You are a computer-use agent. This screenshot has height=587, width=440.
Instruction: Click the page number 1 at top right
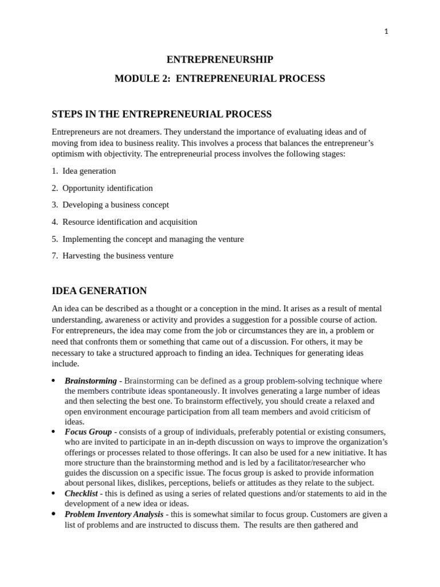point(386,32)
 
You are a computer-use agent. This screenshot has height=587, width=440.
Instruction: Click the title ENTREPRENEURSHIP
point(219,60)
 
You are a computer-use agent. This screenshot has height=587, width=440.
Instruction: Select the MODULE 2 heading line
point(219,79)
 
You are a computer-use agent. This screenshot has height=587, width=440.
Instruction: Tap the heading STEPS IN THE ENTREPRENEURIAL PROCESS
point(162,114)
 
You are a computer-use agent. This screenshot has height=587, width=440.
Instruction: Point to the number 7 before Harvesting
point(54,256)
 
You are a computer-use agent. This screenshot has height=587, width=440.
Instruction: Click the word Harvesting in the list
point(81,256)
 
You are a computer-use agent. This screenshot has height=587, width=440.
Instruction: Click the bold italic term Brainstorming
point(91,381)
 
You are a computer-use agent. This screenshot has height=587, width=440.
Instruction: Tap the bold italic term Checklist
point(81,493)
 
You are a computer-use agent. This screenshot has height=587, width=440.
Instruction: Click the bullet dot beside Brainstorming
point(53,381)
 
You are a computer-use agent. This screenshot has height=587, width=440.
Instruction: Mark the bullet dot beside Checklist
point(53,493)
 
